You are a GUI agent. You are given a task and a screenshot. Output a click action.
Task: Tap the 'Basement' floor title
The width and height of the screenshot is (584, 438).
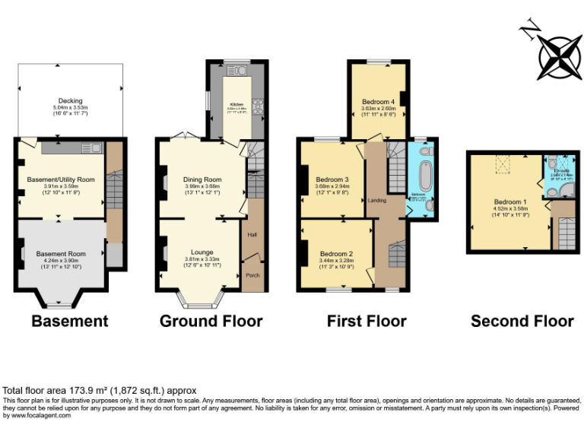click(69, 322)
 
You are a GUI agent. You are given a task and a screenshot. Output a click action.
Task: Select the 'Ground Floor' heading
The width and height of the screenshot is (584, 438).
click(211, 322)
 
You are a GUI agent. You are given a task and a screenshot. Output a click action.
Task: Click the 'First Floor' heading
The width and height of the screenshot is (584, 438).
click(367, 322)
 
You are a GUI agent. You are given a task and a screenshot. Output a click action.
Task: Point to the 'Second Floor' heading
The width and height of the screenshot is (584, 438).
click(522, 322)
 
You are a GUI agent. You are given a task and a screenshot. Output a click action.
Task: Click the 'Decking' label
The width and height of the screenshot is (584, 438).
click(70, 100)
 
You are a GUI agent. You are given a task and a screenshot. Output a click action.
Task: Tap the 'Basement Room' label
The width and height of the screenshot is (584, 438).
click(61, 254)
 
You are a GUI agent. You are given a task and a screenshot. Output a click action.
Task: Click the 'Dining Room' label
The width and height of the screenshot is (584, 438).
click(202, 179)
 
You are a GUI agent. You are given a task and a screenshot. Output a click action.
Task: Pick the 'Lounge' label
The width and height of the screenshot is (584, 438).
click(202, 252)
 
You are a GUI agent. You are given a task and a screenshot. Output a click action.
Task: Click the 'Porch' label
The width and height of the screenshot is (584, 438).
click(252, 276)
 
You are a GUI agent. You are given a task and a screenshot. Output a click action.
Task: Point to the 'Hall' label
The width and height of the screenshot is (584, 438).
click(252, 235)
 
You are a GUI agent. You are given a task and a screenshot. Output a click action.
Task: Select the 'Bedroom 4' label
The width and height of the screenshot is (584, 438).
click(378, 101)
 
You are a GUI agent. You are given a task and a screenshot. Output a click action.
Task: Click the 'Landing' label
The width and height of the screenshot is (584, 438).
click(376, 201)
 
